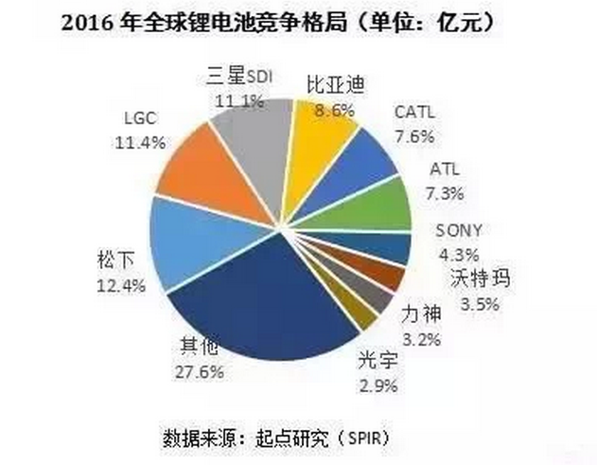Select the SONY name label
[459, 230]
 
